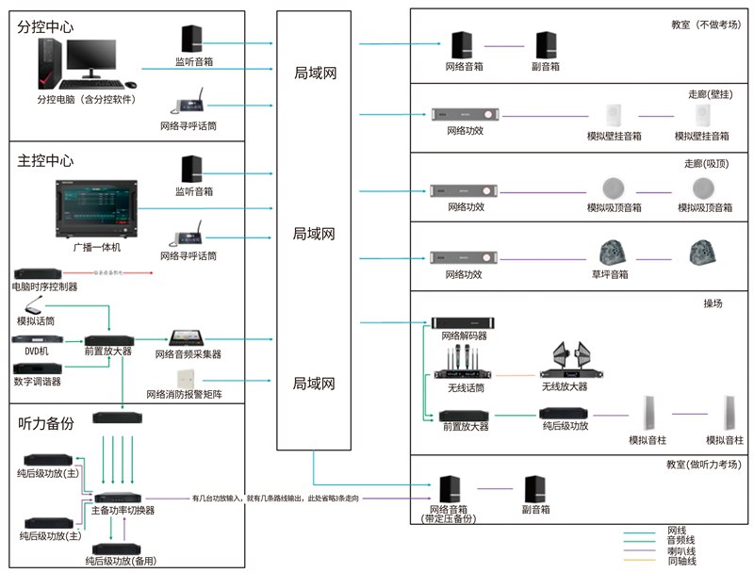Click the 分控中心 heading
[x=45, y=26]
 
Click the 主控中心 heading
[x=45, y=161]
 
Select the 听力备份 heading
[x=45, y=423]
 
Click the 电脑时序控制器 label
[x=45, y=286]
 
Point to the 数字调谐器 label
[x=38, y=382]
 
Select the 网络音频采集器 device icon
[x=193, y=337]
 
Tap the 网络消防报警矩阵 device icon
[x=184, y=379]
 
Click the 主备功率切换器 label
[x=123, y=510]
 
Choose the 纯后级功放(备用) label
[x=120, y=561]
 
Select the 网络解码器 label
[x=464, y=336]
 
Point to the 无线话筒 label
[x=464, y=386]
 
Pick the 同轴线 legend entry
[x=681, y=561]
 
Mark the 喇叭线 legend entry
[x=681, y=550]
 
